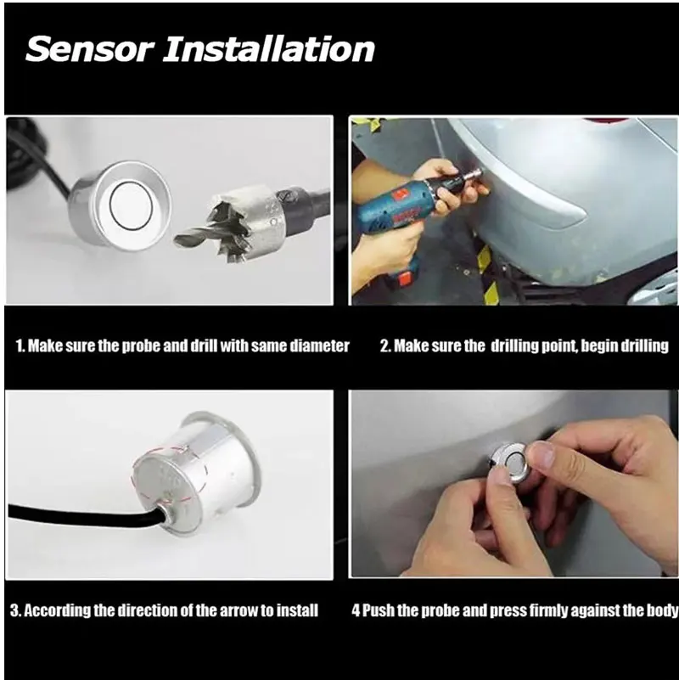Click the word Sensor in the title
coord(90,49)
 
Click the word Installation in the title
coord(269,49)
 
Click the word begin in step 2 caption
coord(600,346)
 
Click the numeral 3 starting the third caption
coord(14,610)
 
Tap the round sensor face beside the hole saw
coord(132,204)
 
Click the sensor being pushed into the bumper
coord(509,463)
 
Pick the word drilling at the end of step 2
coord(645,346)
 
